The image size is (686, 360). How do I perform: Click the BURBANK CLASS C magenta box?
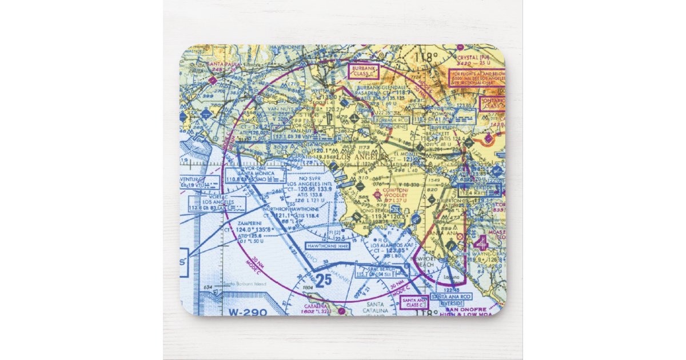pyautogui.click(x=363, y=71)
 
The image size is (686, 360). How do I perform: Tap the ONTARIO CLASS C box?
pyautogui.click(x=492, y=103)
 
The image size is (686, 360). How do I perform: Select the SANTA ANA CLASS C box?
pyautogui.click(x=414, y=302)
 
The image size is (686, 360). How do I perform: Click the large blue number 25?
pyautogui.click(x=323, y=280)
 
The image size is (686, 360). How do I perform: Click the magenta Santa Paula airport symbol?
pyautogui.click(x=213, y=81)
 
